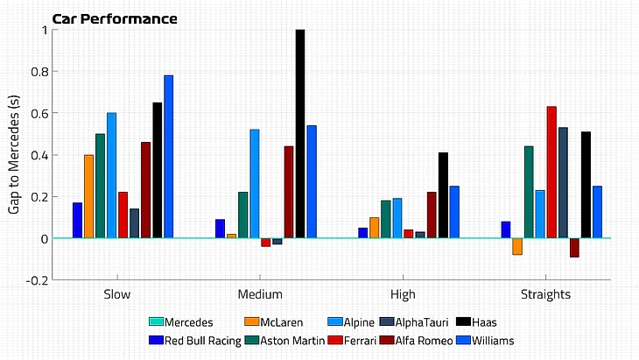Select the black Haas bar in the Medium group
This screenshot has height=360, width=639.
[x=300, y=133]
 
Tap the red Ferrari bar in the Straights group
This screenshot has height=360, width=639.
[x=551, y=172]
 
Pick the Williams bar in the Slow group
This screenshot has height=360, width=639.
[x=168, y=156]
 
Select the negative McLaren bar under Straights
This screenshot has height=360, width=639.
[x=517, y=246]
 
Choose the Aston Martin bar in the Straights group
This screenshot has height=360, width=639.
[x=529, y=192]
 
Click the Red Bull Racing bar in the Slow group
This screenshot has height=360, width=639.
[x=77, y=220]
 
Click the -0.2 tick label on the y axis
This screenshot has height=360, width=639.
[x=38, y=280]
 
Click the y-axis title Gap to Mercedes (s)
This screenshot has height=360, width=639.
[x=15, y=154]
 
